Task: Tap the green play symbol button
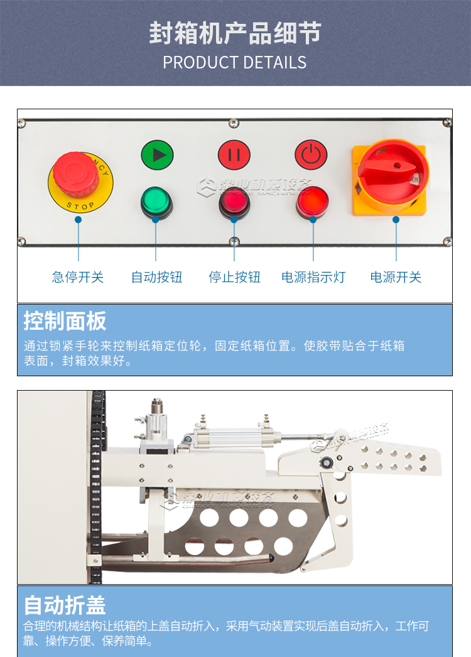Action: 157,155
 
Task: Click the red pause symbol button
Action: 234,155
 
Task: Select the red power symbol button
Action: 311,155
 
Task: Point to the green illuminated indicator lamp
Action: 156,201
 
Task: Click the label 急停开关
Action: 78,277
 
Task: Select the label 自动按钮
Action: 156,277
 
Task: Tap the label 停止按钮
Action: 234,277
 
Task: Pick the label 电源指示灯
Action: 313,277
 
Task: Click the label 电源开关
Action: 396,277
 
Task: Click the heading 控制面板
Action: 65,321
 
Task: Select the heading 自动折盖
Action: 65,605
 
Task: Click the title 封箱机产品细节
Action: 235,33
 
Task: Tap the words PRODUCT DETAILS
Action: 235,63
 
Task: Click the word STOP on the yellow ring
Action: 80,205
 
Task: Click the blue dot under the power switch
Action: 396,220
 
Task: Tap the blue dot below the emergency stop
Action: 78,220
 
